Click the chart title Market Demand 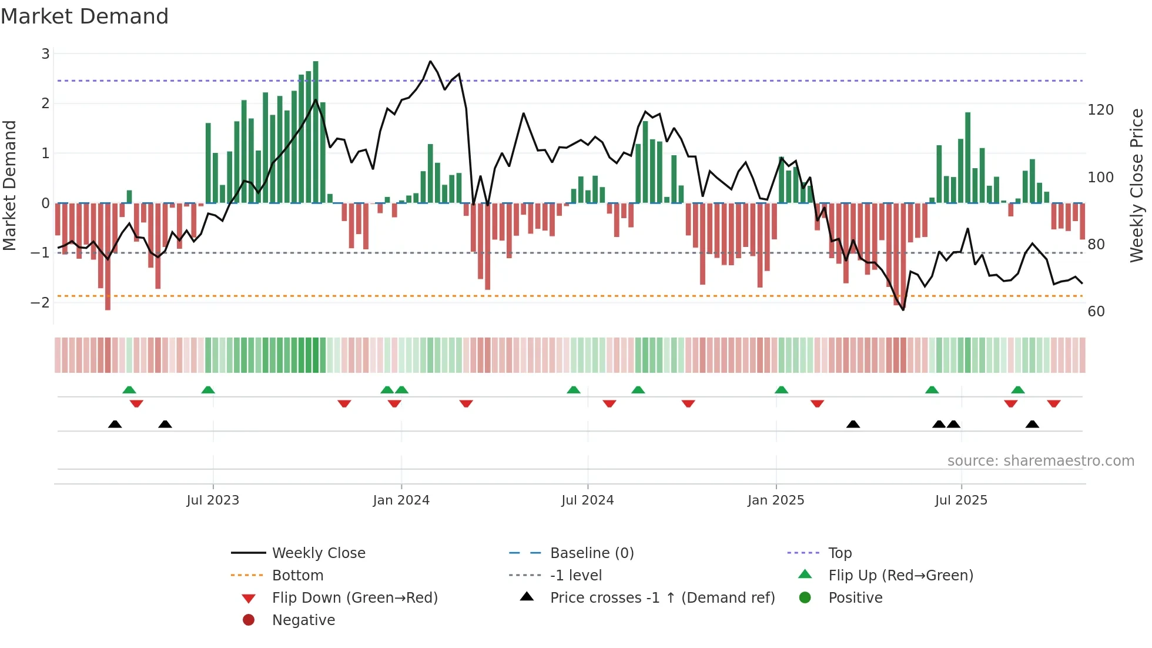[85, 16]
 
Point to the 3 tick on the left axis [45, 54]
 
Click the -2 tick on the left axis [41, 303]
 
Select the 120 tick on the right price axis [1100, 110]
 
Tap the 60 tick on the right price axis [1096, 312]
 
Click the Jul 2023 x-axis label [213, 500]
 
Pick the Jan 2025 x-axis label [775, 500]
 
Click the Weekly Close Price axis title [1137, 185]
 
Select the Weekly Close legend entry [318, 553]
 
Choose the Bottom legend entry [297, 576]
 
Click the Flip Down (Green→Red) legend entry [354, 598]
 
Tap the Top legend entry [839, 553]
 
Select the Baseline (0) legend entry [591, 553]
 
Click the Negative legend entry [303, 620]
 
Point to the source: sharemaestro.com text [1040, 461]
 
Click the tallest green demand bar [316, 132]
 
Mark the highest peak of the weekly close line [430, 61]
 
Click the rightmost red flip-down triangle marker [1053, 403]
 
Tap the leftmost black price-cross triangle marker [115, 424]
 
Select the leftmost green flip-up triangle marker [129, 389]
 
